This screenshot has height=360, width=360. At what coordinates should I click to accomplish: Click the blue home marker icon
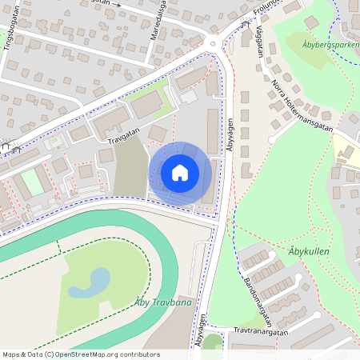(x=180, y=173)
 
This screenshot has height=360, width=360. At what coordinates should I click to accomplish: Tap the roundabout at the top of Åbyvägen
(x=212, y=44)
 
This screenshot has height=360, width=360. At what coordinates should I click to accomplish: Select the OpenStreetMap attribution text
(x=81, y=354)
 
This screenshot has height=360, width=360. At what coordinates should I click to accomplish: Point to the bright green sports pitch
(x=32, y=182)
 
